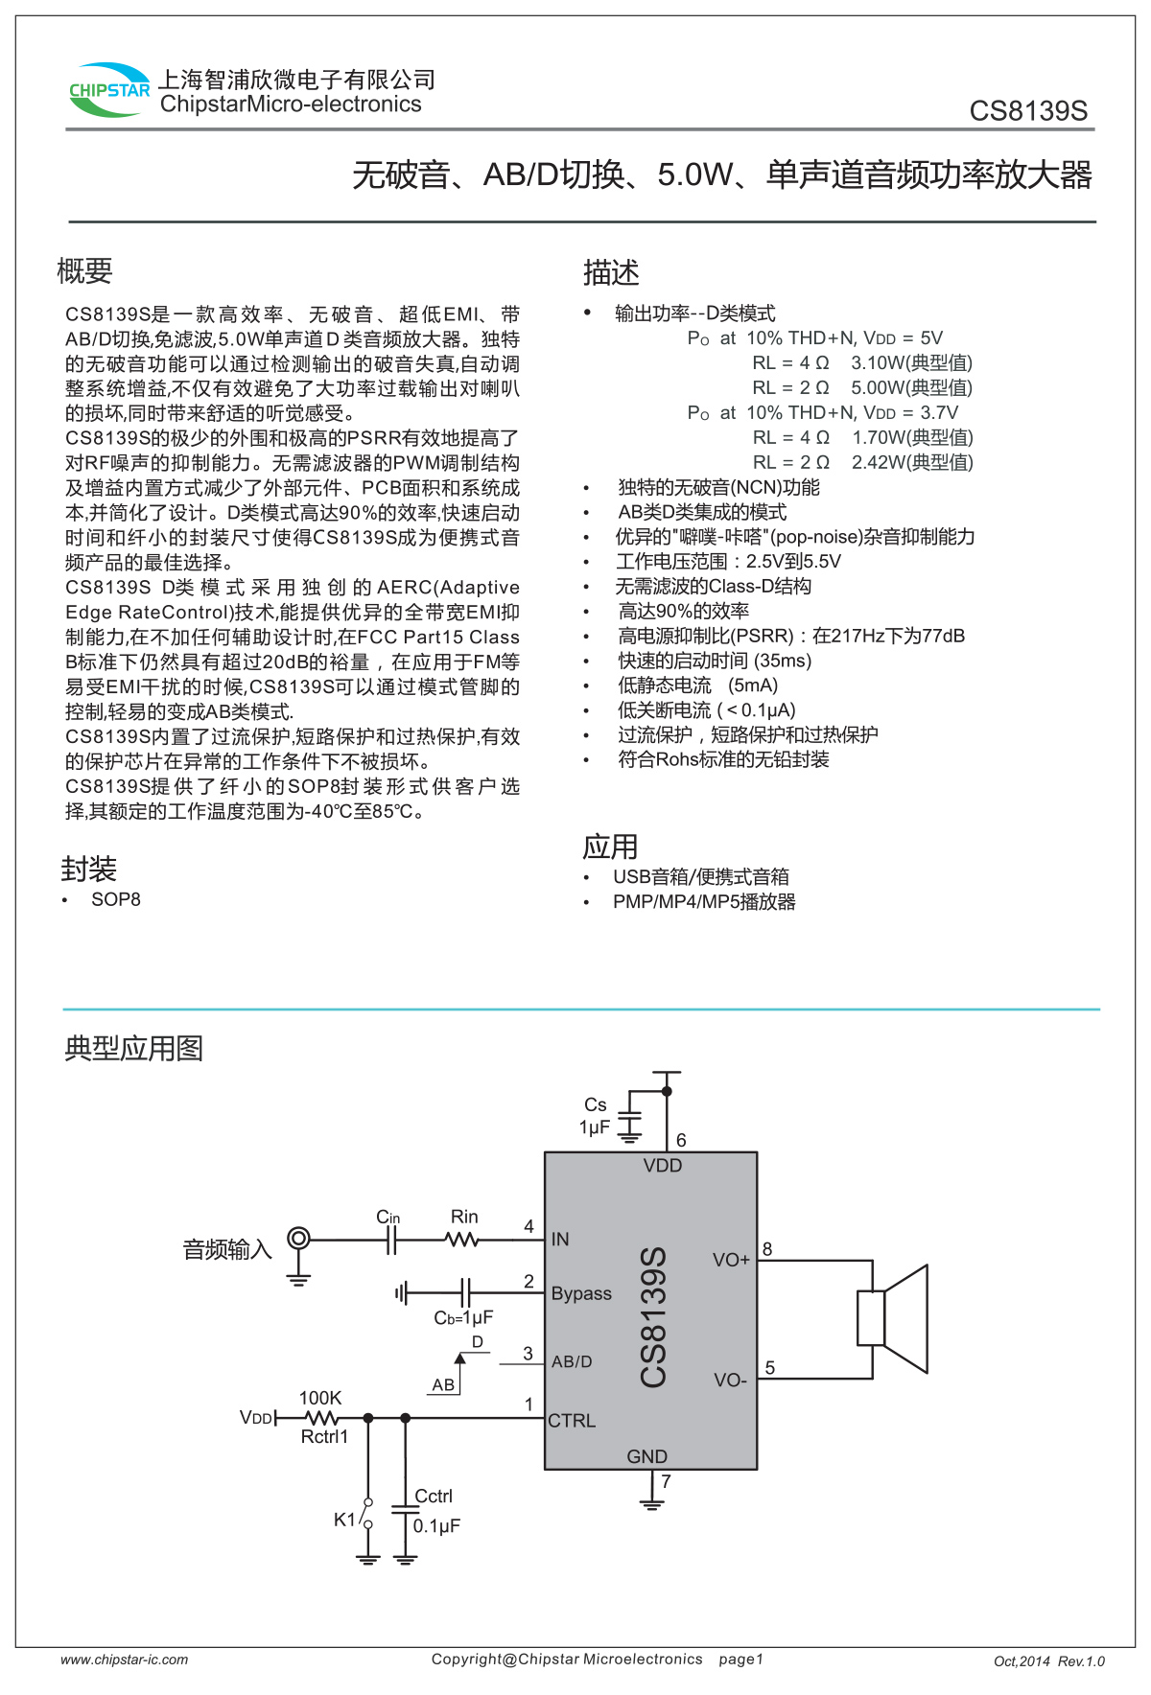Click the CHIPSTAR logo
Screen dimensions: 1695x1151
point(109,90)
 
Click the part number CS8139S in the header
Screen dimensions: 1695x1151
point(1028,111)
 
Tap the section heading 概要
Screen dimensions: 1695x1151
point(84,271)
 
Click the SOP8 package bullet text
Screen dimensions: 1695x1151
point(115,899)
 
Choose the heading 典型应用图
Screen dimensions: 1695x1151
point(133,1048)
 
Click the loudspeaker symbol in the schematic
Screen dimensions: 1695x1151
point(892,1318)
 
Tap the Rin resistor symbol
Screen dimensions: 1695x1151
point(462,1240)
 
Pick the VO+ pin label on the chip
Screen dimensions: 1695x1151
point(731,1260)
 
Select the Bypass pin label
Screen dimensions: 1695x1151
point(581,1293)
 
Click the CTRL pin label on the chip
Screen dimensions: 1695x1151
point(572,1421)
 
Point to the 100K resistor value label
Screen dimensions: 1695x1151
point(320,1398)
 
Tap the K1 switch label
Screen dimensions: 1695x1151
point(344,1519)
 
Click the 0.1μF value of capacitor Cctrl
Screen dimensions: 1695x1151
point(436,1525)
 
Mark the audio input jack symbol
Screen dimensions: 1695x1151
point(299,1239)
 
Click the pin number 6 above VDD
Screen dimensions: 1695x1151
point(681,1140)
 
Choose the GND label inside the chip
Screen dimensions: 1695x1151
point(646,1456)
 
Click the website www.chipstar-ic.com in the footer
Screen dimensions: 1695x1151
point(124,1660)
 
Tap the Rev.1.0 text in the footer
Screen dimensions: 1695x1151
point(1081,1661)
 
